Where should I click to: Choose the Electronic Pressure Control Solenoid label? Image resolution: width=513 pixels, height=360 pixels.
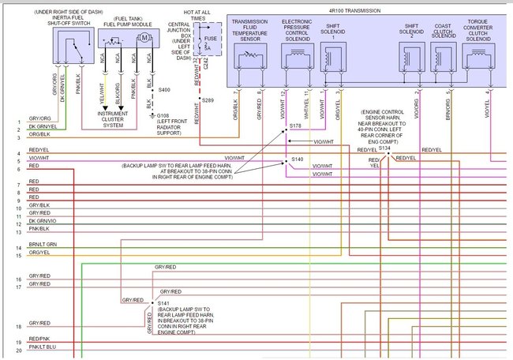coord(297,30)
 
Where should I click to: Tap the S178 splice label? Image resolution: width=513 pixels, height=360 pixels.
coord(296,126)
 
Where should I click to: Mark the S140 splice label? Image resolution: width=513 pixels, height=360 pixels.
coord(297,159)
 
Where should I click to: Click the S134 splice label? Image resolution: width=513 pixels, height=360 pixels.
coord(384,148)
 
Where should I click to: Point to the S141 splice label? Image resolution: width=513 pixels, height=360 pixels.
coord(163,303)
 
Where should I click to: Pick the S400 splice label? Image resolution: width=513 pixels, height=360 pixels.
coord(164,90)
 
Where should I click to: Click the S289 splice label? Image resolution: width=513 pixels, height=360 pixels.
coord(208,102)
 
